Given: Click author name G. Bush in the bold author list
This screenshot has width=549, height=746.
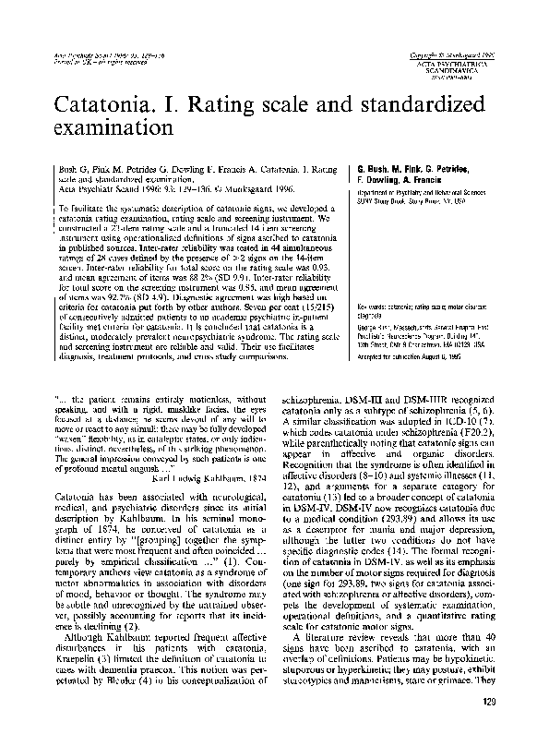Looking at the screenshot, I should point(367,172).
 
